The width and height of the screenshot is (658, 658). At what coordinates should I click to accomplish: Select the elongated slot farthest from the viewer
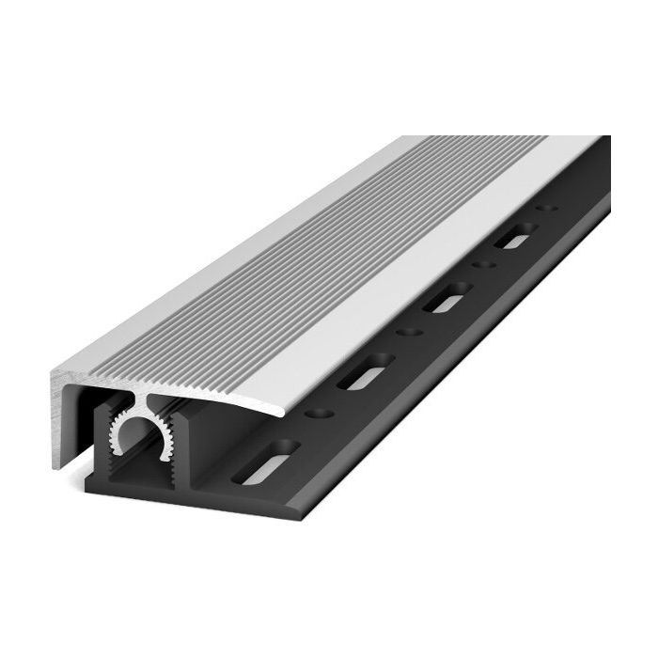(x=515, y=239)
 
